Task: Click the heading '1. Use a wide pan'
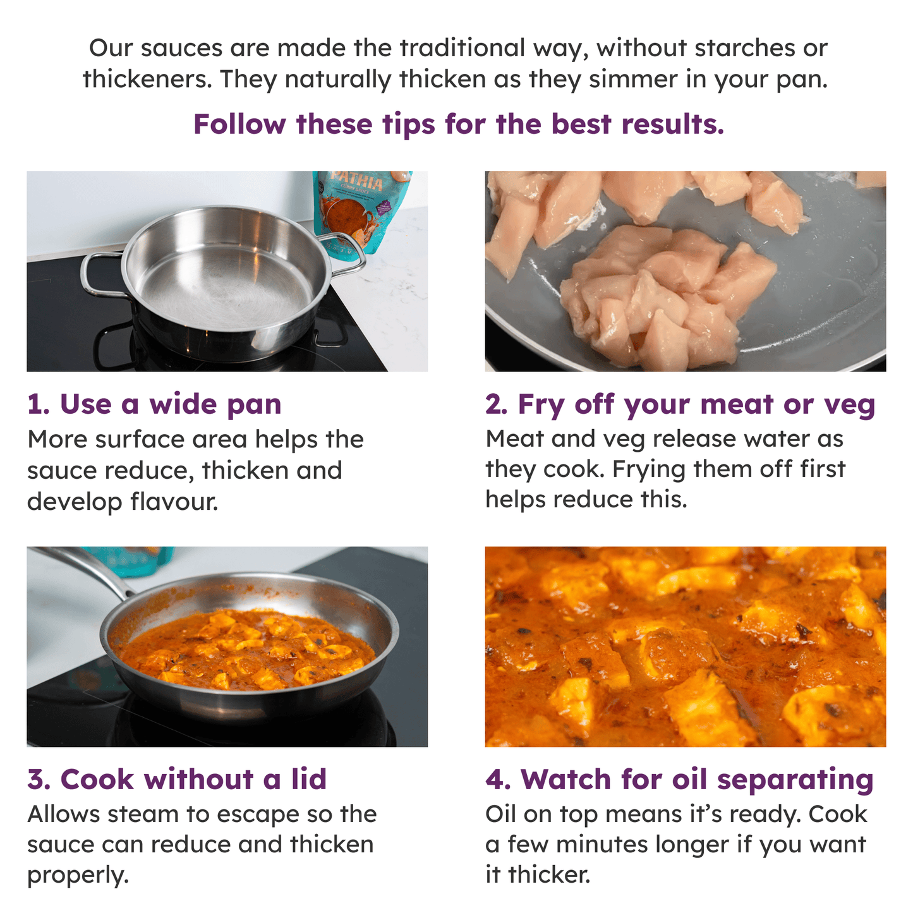point(154,404)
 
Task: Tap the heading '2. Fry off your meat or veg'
point(680,404)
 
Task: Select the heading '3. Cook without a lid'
point(177,779)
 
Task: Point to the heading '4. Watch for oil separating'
point(679,779)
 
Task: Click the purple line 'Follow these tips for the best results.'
point(458,124)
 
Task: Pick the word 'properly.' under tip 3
point(78,876)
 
